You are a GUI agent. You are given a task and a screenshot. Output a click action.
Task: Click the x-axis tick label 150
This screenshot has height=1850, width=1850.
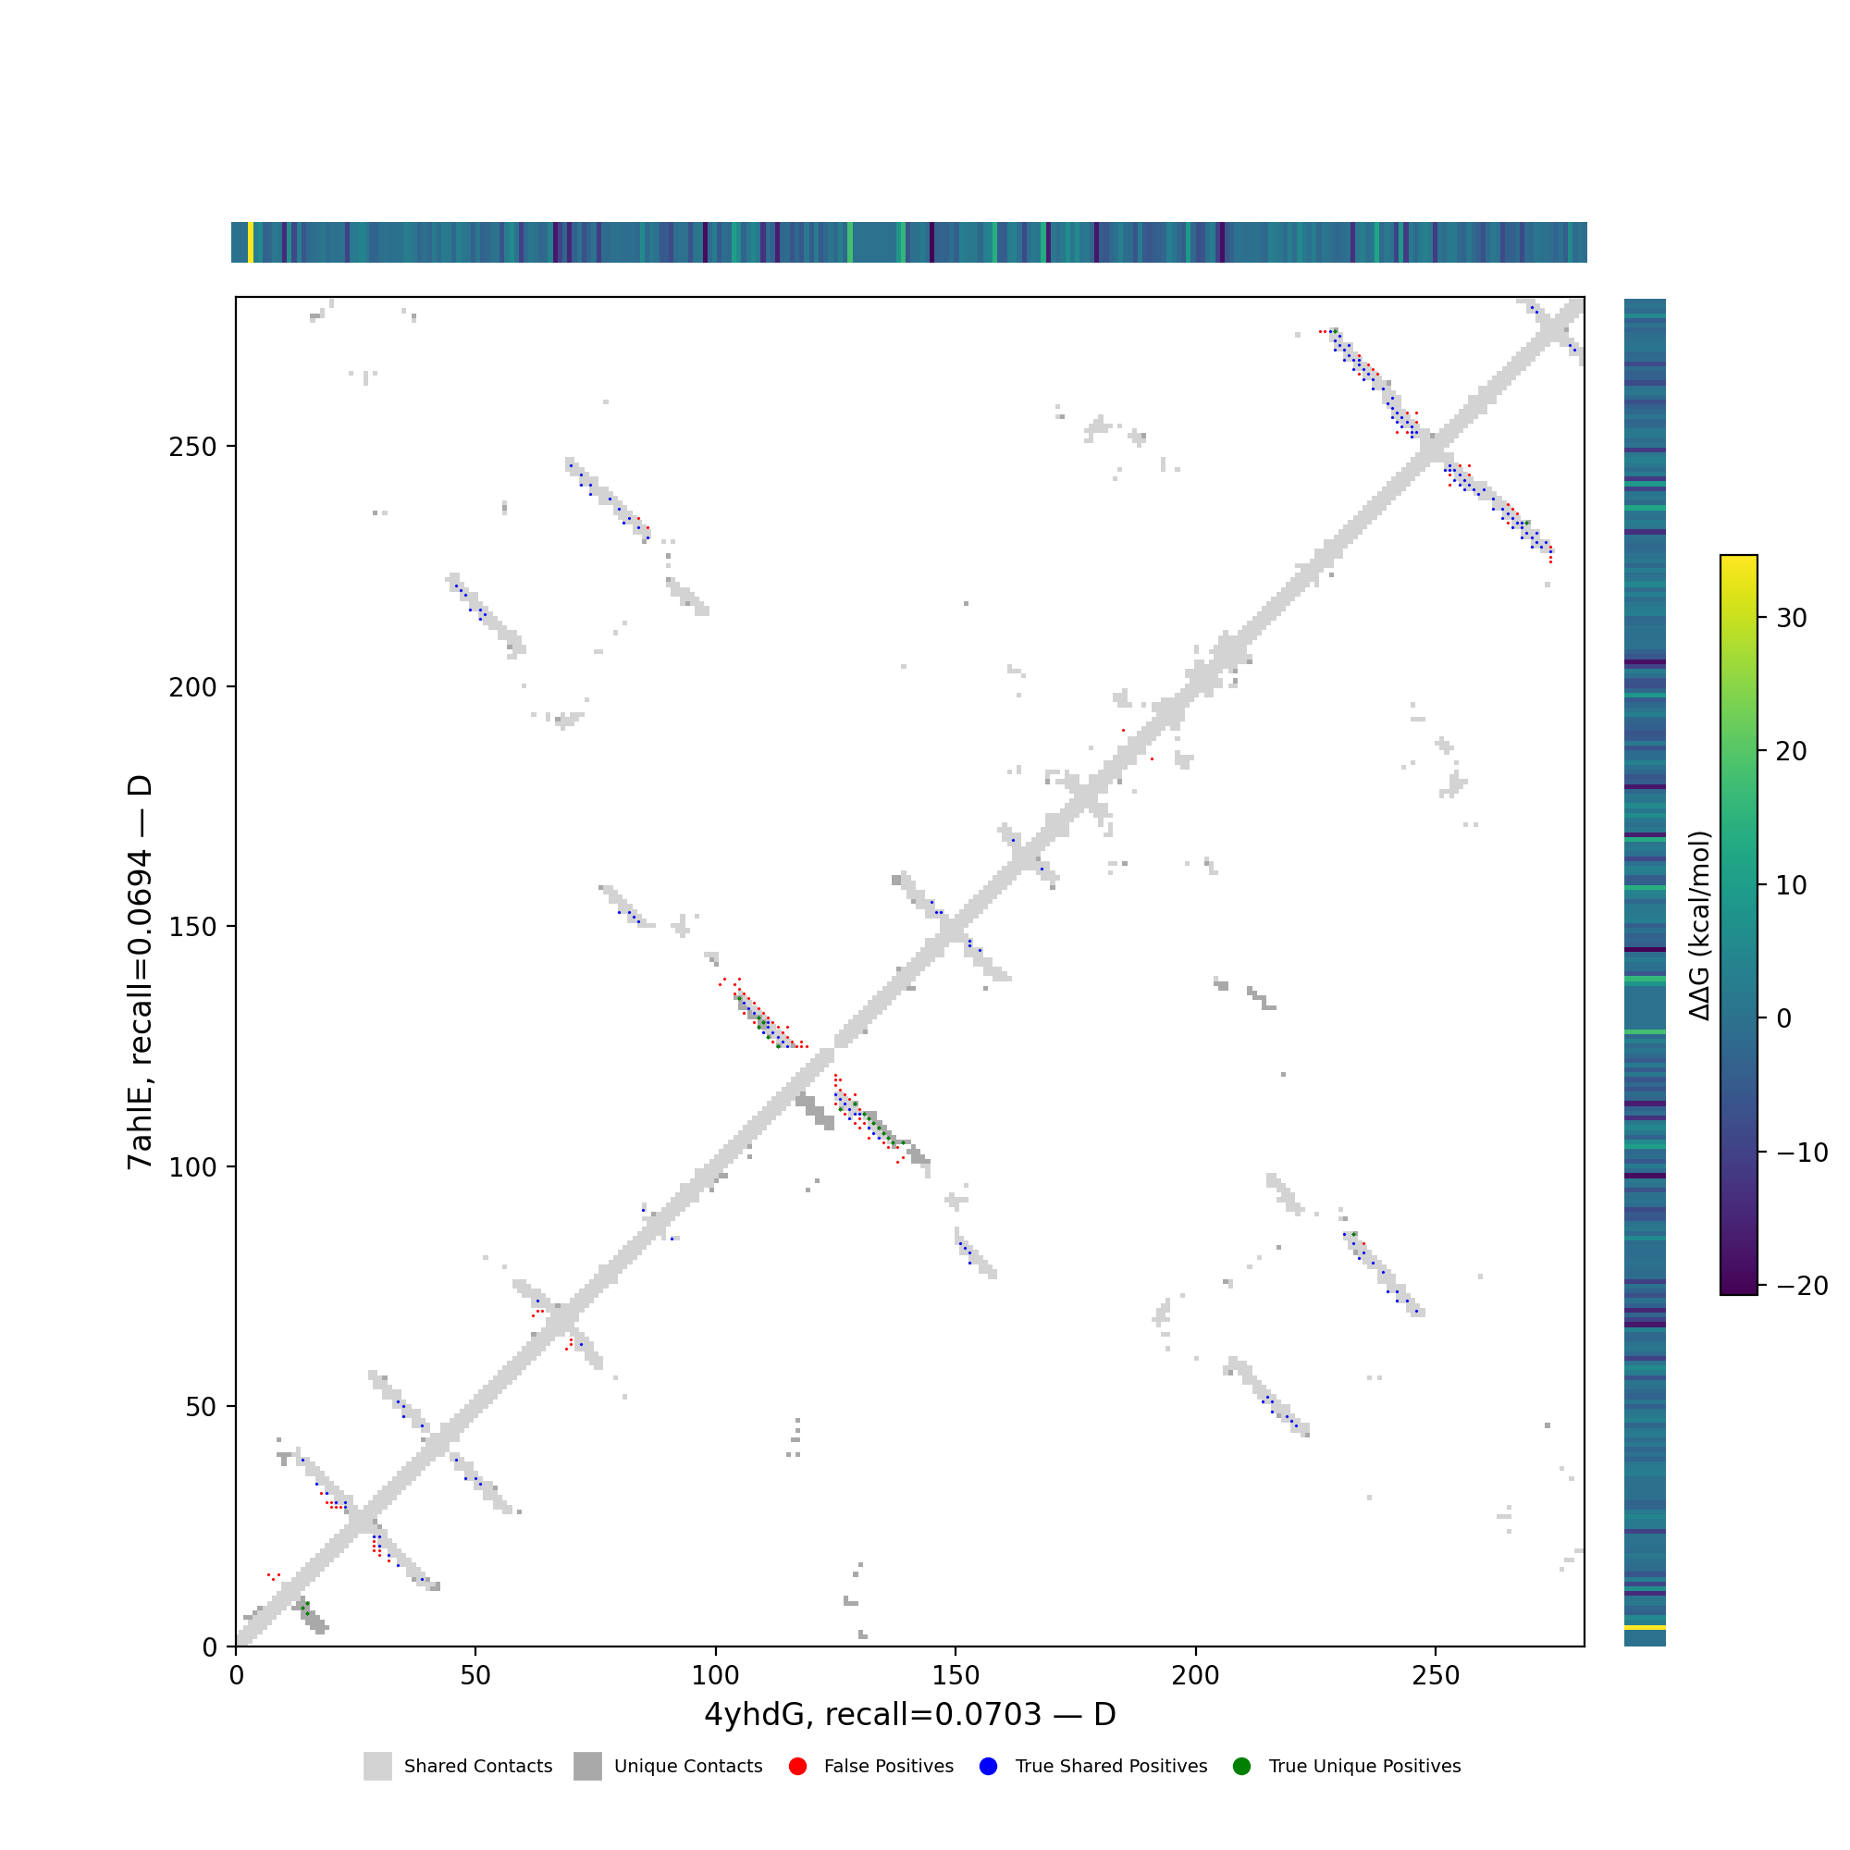[x=956, y=1676]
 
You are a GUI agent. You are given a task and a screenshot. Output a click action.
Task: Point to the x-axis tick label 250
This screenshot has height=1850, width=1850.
[x=1436, y=1676]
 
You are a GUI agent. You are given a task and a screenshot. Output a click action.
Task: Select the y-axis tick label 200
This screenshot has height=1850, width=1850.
[x=192, y=686]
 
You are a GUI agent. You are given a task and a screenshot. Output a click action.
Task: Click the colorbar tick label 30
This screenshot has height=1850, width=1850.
[x=1792, y=619]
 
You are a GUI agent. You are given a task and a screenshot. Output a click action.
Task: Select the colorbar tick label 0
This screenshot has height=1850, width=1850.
[x=1784, y=1018]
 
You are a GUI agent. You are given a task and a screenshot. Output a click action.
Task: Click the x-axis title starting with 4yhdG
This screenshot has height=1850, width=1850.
[x=909, y=1715]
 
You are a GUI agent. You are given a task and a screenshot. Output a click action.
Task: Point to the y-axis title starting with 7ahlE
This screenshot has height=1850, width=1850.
[x=140, y=972]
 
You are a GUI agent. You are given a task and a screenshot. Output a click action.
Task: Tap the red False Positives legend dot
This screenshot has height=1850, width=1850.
[x=797, y=1767]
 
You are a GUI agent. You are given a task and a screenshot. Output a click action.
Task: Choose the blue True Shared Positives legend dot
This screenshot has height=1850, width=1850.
[x=988, y=1767]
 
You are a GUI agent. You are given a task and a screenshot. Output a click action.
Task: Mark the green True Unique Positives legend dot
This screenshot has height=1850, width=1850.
[x=1242, y=1767]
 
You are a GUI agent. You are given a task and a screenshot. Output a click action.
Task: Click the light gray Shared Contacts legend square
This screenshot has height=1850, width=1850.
[x=377, y=1767]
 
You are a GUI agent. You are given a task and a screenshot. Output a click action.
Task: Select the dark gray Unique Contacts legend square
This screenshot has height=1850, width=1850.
[x=588, y=1767]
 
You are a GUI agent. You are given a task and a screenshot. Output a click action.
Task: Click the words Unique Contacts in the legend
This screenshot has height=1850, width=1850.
[x=687, y=1767]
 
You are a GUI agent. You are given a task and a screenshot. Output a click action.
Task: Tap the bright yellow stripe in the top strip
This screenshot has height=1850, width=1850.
[x=251, y=242]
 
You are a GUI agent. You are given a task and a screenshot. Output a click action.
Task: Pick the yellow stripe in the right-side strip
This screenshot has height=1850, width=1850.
[x=1644, y=1628]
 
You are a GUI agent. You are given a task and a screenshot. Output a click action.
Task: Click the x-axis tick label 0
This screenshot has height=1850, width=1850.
[x=236, y=1676]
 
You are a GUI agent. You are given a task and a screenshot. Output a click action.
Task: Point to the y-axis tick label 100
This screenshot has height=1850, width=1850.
[x=192, y=1166]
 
